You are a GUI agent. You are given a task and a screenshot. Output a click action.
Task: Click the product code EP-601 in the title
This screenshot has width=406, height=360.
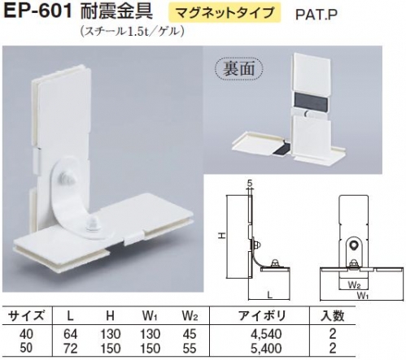[38, 12]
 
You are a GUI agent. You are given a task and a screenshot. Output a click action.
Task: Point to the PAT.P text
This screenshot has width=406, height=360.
[317, 15]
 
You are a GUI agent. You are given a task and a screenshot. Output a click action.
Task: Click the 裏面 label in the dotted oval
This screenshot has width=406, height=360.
[238, 68]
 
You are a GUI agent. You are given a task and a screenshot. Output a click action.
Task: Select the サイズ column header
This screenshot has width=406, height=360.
[26, 316]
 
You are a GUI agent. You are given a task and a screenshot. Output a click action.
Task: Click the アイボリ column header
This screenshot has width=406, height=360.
[263, 316]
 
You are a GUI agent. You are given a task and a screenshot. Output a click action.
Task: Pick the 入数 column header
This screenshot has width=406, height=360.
[333, 316]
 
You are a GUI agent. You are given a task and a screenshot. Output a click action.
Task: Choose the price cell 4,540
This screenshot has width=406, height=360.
[266, 334]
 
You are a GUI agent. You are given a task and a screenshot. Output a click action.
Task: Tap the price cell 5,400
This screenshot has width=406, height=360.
[266, 348]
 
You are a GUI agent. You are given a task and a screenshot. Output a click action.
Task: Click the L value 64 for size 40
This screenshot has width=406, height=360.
[71, 334]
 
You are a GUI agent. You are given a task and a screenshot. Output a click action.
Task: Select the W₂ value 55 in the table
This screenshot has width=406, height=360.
[190, 348]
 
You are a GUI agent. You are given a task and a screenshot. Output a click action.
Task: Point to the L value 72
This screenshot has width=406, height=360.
[71, 348]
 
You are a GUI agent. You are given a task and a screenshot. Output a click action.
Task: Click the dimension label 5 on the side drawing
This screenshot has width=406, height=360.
[250, 184]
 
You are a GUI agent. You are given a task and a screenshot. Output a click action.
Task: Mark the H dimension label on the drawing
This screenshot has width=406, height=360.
[222, 236]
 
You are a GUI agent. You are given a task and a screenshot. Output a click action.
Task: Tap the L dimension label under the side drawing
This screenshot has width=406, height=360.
[269, 295]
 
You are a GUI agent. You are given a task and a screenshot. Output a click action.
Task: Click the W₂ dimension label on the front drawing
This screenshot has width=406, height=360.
[354, 285]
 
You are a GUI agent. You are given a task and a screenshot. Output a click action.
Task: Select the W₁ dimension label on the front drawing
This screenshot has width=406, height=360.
[363, 296]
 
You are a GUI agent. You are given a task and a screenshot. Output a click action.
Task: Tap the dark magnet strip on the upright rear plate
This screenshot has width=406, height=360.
[312, 99]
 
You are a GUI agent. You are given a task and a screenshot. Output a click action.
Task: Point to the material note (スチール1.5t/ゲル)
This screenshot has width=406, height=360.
[133, 32]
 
